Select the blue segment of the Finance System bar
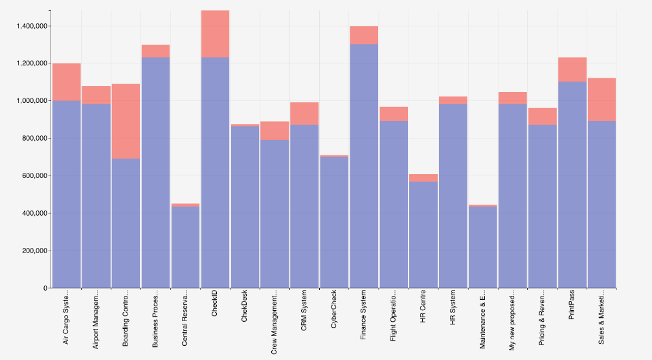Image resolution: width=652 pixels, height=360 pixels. [364, 166]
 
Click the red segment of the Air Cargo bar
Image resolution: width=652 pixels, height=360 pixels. [66, 82]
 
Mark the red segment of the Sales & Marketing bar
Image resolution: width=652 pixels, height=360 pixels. [601, 99]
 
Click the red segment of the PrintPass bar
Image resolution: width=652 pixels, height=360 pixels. [572, 69]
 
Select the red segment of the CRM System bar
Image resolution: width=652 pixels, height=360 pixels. [304, 113]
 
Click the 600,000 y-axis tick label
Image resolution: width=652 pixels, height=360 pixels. [32, 176]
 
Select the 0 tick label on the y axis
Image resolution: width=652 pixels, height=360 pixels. [44, 288]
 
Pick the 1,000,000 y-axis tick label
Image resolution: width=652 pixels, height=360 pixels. [29, 101]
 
